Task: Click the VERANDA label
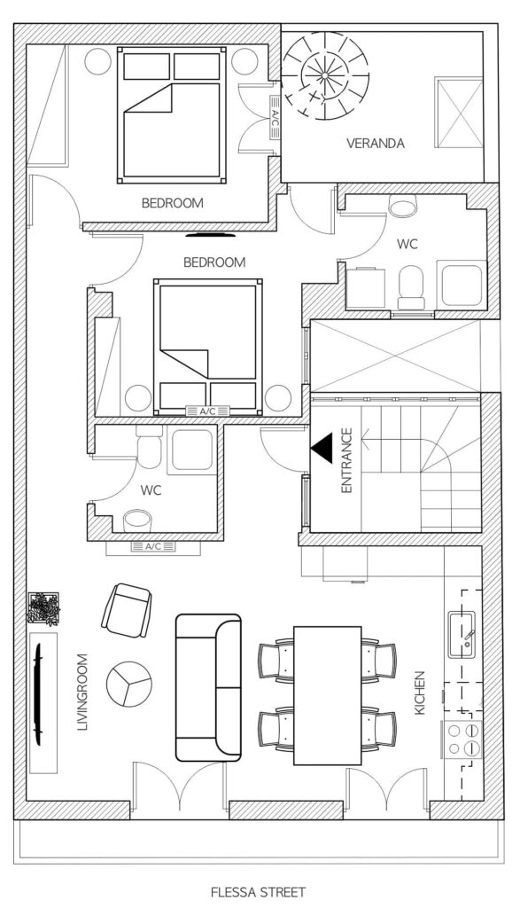point(376,143)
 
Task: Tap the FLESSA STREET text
point(258,891)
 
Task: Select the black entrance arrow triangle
point(322,448)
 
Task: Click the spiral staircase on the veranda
point(326,75)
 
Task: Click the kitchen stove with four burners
point(462,740)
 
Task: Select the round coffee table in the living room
point(128,684)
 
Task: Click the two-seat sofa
point(208,687)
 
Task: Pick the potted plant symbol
point(43,608)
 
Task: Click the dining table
point(328,695)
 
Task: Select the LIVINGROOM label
point(83,692)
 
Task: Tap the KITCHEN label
point(421,692)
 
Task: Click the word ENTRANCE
point(346,460)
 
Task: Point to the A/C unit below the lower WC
point(152,546)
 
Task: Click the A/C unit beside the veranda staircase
point(276,118)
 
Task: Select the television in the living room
point(39,695)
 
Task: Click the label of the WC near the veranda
point(407,244)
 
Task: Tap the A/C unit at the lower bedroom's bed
point(207,411)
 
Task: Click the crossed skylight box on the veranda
point(459,114)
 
